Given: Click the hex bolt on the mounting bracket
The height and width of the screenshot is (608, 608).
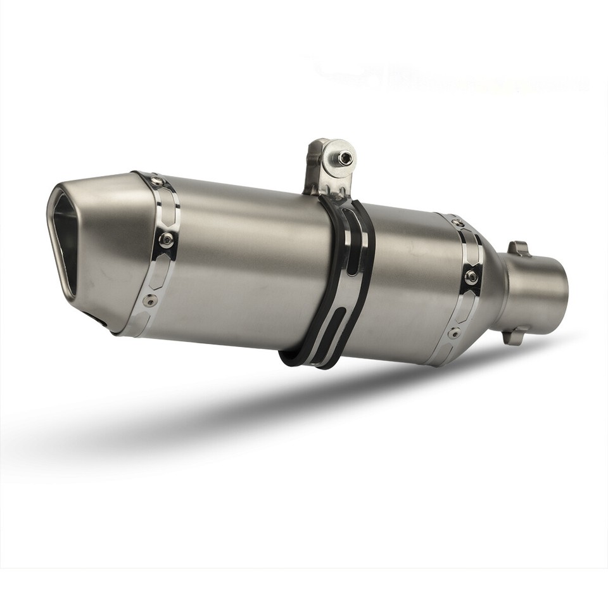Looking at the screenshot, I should pos(345,158).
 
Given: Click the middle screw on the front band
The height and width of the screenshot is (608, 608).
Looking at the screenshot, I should pos(166,239).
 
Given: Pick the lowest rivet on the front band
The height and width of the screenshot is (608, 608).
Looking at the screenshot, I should pos(149,300).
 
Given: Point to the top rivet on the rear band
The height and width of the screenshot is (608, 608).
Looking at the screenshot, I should pos(457,224).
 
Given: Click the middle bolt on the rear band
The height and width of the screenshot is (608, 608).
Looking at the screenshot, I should pos(471,277).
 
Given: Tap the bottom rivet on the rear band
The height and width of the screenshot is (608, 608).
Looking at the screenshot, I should pos(453,332).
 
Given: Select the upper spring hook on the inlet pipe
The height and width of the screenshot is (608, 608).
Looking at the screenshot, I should pos(518,248).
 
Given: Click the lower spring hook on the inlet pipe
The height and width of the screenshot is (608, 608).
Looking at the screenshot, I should pos(514,335).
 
